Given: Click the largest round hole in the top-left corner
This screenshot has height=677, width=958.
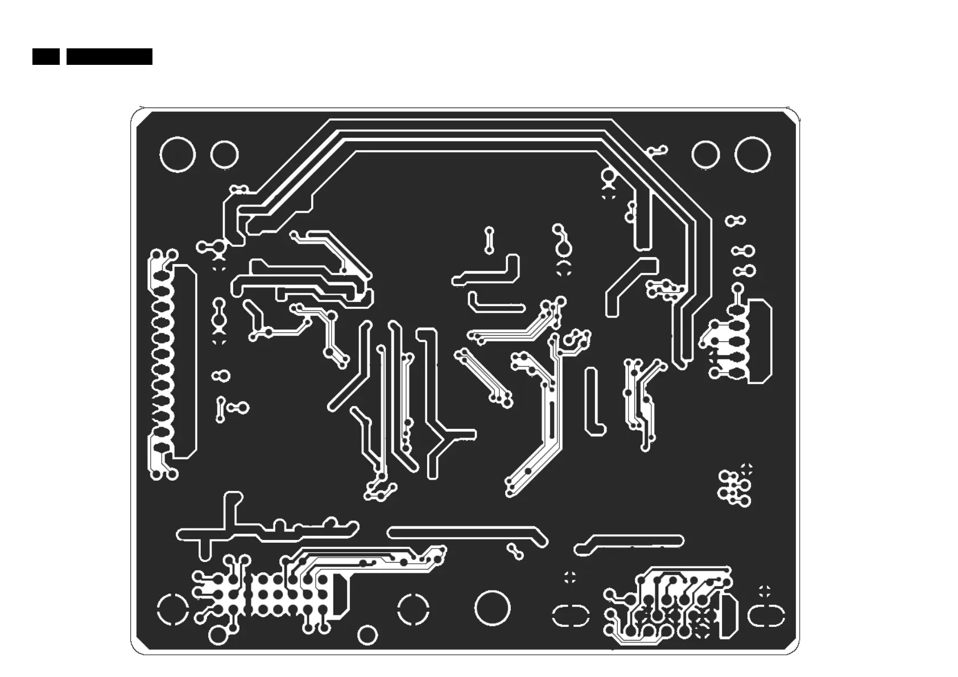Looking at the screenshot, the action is (177, 154).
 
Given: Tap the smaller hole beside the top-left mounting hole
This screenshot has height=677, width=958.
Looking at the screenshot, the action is (224, 155).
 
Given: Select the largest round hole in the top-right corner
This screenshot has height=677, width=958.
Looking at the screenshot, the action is (752, 155).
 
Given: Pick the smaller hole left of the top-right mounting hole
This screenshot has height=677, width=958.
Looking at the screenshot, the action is (705, 155).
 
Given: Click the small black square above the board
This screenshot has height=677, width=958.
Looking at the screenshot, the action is (46, 56).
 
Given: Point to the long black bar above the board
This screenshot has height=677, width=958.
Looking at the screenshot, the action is (109, 56).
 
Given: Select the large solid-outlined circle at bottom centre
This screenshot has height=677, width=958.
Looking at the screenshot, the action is (492, 607).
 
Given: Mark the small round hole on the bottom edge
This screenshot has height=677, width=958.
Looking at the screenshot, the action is (367, 635).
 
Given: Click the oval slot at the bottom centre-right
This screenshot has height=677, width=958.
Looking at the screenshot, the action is (570, 616).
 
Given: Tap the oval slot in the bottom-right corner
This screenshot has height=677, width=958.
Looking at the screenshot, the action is (766, 616).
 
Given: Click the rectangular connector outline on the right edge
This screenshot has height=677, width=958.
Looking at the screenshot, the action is (760, 341).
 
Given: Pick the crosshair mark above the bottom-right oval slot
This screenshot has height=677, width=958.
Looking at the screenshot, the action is (765, 591).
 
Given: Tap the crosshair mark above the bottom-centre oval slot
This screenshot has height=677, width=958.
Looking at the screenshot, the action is (569, 577).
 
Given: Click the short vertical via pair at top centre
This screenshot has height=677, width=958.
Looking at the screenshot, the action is (489, 241).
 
